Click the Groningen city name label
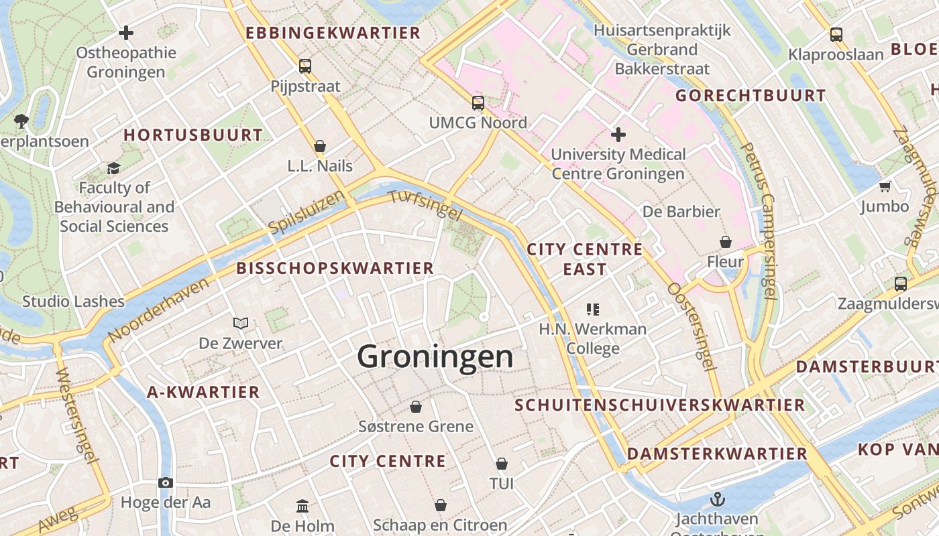point(435,356)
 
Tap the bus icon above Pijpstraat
point(305,66)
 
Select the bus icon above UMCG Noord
point(478,103)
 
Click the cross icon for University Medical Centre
point(618,135)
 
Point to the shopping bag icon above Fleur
point(725,241)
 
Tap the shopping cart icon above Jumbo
point(885,186)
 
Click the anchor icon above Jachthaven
point(718,499)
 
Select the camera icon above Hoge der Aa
point(166,482)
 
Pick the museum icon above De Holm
point(302,505)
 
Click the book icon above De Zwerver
point(241,324)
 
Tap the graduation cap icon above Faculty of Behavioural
point(113,168)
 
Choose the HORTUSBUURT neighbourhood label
point(193,135)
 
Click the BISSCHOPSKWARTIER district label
point(335,269)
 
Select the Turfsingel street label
point(425,205)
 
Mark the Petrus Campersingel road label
point(760,221)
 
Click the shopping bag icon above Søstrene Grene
point(416,407)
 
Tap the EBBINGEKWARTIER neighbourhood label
point(333,33)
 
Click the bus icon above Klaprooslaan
point(836,35)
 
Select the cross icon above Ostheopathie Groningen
point(125,32)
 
